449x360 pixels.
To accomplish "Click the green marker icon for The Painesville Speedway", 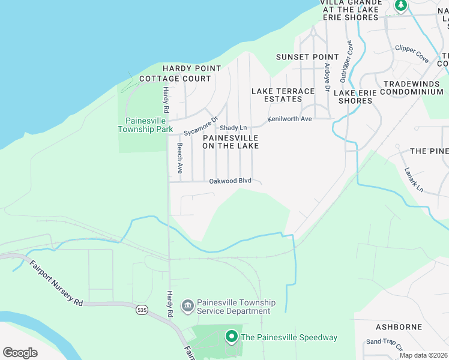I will pos(232,337).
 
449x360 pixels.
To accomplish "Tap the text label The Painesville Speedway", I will pos(289,337).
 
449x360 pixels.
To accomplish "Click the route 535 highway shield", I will pos(142,310).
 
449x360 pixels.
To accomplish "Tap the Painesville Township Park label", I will pos(145,125).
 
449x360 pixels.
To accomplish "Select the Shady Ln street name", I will pos(234,128).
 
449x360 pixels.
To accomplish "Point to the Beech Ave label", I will pos(179,158).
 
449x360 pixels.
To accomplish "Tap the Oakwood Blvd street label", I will pos(230,181).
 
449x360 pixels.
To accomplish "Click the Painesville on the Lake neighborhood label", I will pos(231,141).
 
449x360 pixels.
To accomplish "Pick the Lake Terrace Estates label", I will pos(283,95).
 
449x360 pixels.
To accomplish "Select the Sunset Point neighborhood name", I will pos(303,57).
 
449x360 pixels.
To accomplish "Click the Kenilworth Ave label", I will pos(290,119).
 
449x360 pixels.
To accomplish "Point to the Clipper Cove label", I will pos(412,54).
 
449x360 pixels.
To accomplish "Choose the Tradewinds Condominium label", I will pos(413,88).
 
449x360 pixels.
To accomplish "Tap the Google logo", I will pos(20,352).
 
